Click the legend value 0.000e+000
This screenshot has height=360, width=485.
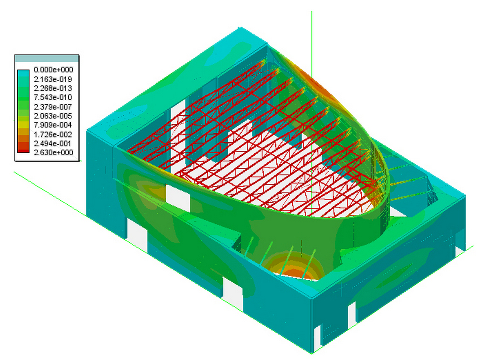click(53, 70)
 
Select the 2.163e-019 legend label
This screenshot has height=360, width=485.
click(53, 79)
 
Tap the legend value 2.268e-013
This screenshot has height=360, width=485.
click(53, 89)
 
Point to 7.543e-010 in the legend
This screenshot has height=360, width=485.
click(53, 97)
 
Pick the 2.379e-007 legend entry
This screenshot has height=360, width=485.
click(53, 107)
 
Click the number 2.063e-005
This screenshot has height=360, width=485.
click(53, 116)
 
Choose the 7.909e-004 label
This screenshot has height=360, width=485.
click(53, 125)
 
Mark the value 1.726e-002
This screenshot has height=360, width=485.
click(53, 134)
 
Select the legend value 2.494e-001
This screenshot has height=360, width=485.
click(53, 144)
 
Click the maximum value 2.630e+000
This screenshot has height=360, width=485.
click(53, 152)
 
